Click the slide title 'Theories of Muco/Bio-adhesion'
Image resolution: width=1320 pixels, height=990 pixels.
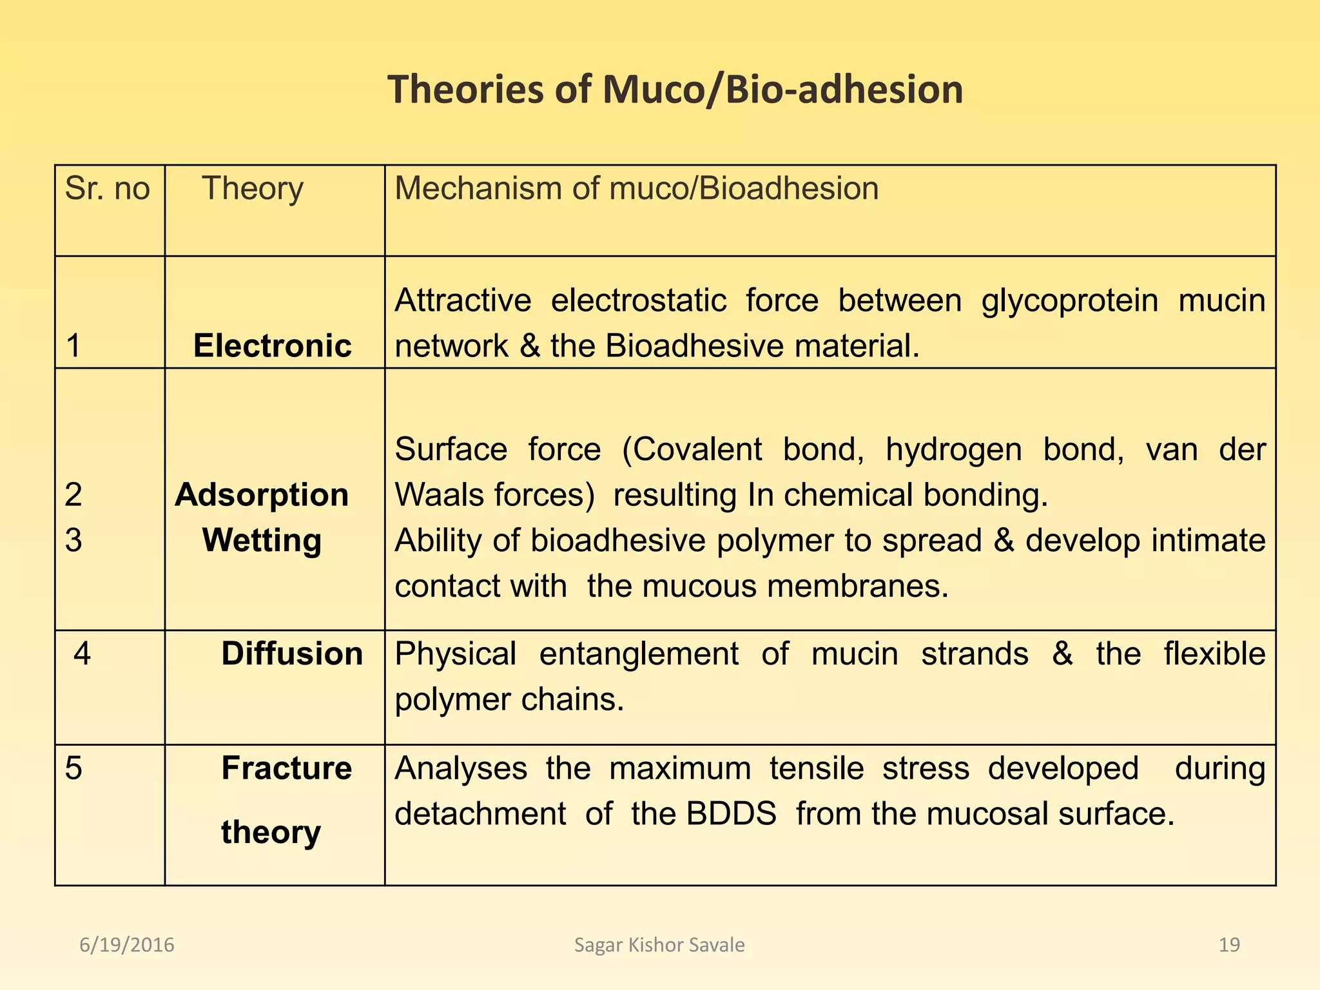click(675, 89)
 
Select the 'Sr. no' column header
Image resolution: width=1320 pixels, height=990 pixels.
click(107, 189)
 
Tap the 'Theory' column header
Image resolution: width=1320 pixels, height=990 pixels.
click(252, 189)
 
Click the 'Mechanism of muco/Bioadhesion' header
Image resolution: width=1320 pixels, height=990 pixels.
click(636, 189)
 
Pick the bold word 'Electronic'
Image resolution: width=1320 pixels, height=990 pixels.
click(272, 345)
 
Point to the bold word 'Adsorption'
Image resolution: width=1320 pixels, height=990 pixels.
click(262, 495)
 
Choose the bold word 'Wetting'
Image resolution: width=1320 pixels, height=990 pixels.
click(262, 540)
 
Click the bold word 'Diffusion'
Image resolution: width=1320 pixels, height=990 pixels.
click(292, 654)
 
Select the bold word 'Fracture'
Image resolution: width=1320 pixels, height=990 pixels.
click(286, 768)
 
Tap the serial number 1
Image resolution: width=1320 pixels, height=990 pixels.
click(73, 345)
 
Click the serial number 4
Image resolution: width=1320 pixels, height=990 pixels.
click(82, 654)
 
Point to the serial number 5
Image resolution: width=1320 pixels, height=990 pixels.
click(73, 768)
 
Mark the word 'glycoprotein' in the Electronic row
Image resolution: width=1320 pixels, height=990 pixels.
click(1070, 301)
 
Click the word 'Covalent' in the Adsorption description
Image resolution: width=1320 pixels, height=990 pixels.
click(692, 449)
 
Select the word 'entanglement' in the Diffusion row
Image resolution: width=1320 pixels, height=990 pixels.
click(639, 654)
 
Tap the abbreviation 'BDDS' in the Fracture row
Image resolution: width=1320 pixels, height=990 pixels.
click(731, 814)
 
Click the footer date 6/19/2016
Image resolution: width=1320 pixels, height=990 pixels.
click(127, 945)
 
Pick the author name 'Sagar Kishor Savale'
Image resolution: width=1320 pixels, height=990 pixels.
click(659, 945)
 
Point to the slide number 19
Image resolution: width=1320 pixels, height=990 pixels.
click(1229, 945)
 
